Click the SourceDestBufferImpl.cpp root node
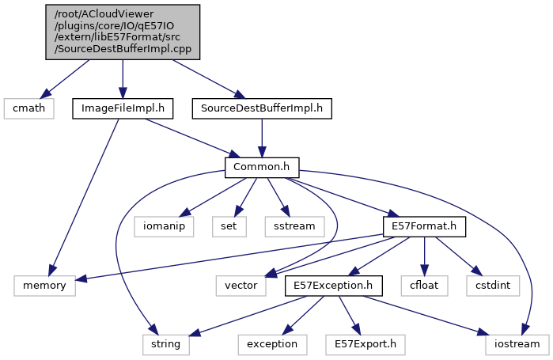pyautogui.click(x=123, y=30)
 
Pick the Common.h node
pyautogui.click(x=262, y=168)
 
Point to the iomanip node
pyautogui.click(x=164, y=226)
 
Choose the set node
pyautogui.click(x=228, y=226)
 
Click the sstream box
pyautogui.click(x=294, y=226)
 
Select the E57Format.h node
pyautogui.click(x=424, y=226)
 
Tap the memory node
pyautogui.click(x=44, y=285)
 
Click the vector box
pyautogui.click(x=238, y=285)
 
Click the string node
pyautogui.click(x=161, y=344)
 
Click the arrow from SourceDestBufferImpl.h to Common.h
pyautogui.click(x=262, y=138)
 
